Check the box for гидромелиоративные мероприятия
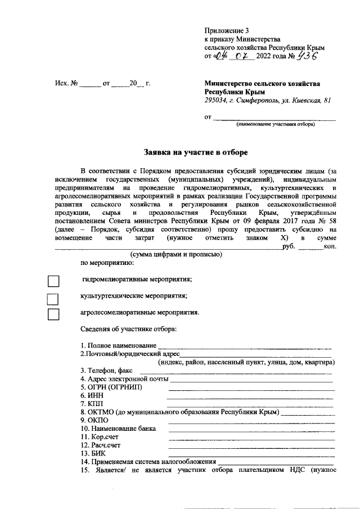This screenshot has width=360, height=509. point(53,281)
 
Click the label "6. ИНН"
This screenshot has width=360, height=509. point(92,396)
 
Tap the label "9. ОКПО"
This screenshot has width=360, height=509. point(93,420)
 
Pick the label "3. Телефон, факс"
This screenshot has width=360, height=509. point(106,371)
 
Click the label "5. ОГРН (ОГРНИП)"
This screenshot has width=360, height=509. point(111,388)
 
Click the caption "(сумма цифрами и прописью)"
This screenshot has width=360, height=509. point(176,255)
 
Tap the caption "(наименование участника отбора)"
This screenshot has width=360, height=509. point(276,124)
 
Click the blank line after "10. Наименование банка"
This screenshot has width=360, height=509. point(251,431)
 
